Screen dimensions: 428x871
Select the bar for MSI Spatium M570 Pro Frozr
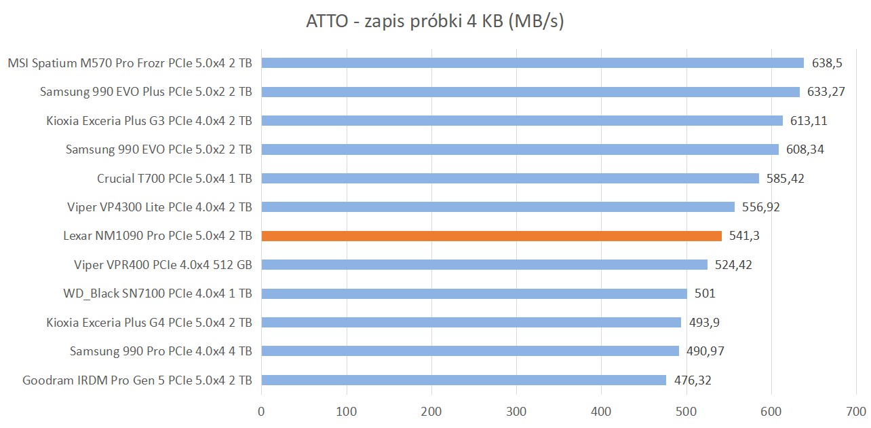(x=533, y=63)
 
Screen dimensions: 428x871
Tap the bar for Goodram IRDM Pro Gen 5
(x=463, y=380)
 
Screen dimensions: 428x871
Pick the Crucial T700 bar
(x=510, y=178)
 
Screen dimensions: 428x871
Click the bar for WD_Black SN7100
(x=474, y=293)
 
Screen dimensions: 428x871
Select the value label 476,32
(x=693, y=380)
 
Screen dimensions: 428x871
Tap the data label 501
(x=705, y=293)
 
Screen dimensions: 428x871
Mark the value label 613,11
(x=809, y=121)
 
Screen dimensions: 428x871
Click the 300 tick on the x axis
(x=516, y=411)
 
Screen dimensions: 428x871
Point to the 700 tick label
(x=856, y=411)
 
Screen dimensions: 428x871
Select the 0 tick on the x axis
(x=261, y=411)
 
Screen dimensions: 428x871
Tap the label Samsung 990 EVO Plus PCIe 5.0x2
(x=146, y=92)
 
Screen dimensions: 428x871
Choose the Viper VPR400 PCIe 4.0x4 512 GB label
(x=163, y=264)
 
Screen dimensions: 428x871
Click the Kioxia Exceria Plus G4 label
(x=149, y=322)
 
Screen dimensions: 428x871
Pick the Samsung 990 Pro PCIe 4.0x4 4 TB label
(x=161, y=351)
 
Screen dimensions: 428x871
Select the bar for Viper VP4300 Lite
(x=498, y=207)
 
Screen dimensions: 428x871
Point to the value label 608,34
(x=805, y=149)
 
